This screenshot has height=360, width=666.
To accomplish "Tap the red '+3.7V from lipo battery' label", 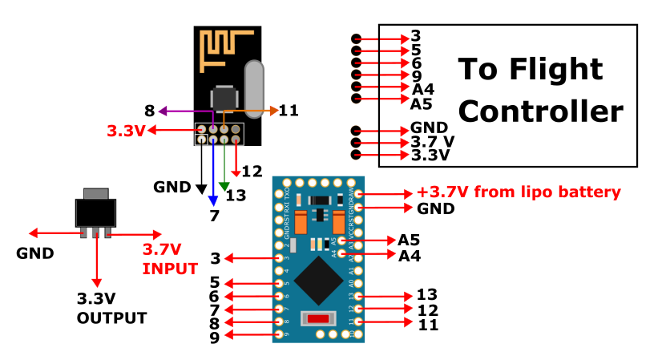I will coord(519,192).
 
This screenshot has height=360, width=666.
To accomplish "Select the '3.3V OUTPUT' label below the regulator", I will coord(111,309).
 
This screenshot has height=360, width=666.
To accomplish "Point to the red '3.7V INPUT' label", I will coord(169,259).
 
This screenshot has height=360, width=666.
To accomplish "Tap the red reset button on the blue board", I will coord(319,319).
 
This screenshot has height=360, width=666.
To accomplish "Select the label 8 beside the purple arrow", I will coord(149,111).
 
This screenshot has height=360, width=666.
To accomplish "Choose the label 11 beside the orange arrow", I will coord(289,111).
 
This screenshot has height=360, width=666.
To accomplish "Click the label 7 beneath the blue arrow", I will coord(214,216).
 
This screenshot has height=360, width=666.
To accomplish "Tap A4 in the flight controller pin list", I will coord(422,88).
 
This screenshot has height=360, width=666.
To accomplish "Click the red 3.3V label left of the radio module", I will coord(126,130).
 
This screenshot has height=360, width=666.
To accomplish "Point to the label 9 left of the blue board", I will coord(215,338).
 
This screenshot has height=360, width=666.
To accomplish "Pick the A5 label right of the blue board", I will coord(409,240).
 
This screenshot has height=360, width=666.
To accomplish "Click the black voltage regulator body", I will coord(95,211).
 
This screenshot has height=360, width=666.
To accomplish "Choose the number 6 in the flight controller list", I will coord(416,63).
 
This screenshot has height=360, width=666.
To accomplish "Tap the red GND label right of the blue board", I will coord(436,208).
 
